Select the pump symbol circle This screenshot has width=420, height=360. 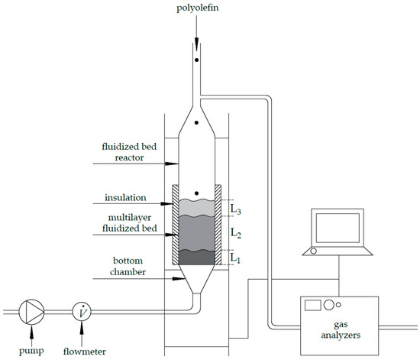(33, 310)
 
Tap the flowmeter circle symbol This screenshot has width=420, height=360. (81, 310)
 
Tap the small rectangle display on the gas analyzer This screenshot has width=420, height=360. (313, 306)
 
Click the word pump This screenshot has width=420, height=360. (33, 352)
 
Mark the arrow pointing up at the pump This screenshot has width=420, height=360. (33, 334)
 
